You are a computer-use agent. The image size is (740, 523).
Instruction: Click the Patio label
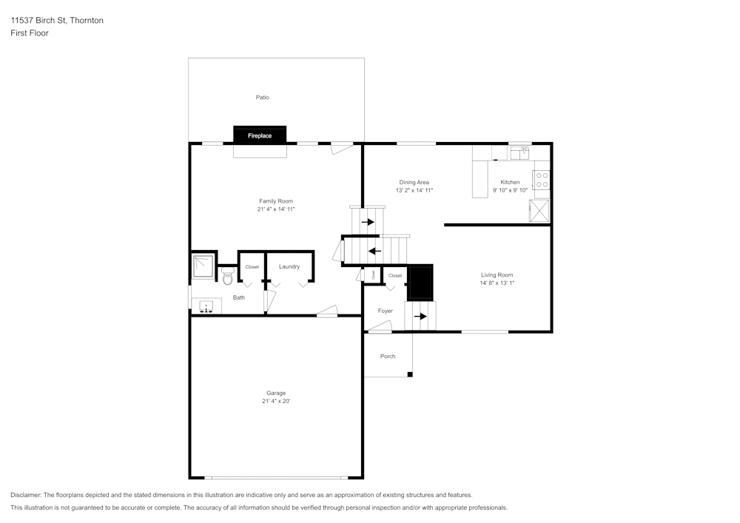click(x=262, y=98)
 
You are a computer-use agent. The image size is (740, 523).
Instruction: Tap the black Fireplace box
click(x=260, y=135)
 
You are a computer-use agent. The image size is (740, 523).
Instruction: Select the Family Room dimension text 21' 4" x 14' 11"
click(x=276, y=209)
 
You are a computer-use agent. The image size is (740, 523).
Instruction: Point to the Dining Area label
click(x=414, y=182)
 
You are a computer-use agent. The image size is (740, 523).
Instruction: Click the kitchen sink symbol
click(x=523, y=153)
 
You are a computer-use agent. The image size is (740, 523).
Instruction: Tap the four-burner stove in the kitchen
click(x=542, y=180)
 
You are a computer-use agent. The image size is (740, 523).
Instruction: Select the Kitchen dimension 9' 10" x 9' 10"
click(x=510, y=190)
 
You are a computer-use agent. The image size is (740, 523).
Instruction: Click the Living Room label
click(x=497, y=274)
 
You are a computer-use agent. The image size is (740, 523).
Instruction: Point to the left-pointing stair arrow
click(x=375, y=250)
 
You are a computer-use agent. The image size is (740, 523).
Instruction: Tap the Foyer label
click(x=385, y=311)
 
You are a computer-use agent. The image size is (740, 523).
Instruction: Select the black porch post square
click(x=409, y=375)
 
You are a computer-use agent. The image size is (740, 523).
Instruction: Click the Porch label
click(x=388, y=357)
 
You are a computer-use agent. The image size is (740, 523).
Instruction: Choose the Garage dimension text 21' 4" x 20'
click(x=276, y=402)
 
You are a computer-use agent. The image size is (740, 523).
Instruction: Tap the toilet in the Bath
click(x=227, y=277)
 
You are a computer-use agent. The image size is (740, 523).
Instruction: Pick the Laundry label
click(x=289, y=266)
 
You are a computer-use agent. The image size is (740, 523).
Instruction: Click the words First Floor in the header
click(x=30, y=33)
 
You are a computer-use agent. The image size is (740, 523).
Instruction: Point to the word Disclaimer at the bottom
click(x=26, y=495)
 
